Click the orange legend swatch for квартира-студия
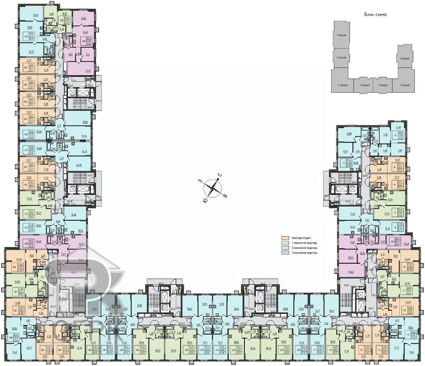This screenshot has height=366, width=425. coord(284,238)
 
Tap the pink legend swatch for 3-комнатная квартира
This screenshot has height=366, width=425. coord(284,253)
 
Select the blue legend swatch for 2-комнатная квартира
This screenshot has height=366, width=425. coord(284,248)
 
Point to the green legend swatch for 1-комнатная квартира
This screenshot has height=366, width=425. coord(284,243)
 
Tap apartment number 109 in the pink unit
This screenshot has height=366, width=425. coord(392,241)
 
